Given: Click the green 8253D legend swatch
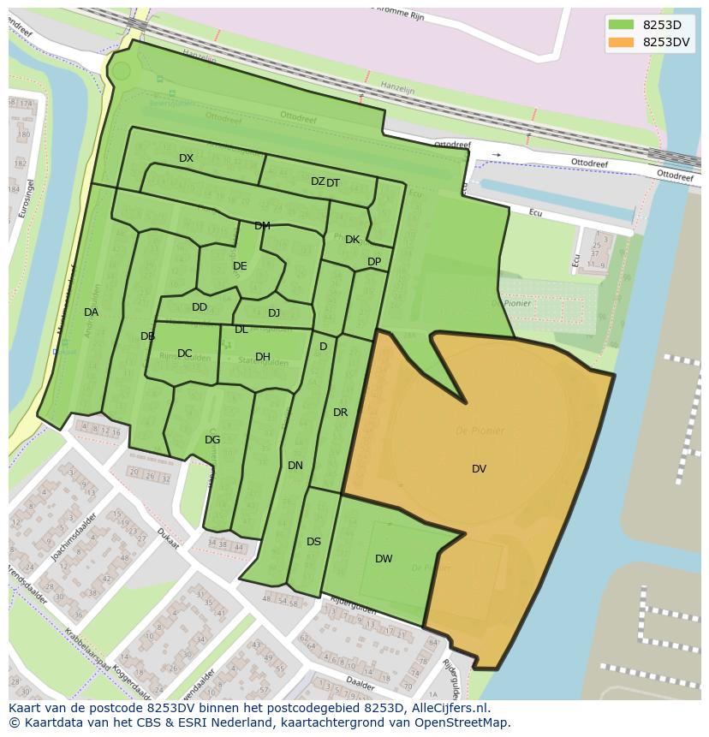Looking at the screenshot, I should (x=621, y=25).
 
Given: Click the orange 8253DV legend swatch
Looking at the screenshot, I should (x=621, y=42).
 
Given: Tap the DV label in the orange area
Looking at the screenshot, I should (x=479, y=469).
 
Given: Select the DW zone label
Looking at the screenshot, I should (x=384, y=559).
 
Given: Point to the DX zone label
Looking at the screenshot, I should (x=186, y=158).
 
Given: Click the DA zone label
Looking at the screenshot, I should (x=91, y=312).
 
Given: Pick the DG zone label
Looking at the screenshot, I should (x=212, y=440).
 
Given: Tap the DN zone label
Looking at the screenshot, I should (x=295, y=466).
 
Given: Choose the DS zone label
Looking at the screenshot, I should (x=313, y=542).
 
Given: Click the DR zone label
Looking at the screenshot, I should (x=340, y=413).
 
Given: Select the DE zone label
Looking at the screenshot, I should (x=240, y=266).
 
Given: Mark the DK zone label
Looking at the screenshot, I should (x=352, y=240).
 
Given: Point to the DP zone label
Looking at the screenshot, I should (x=374, y=262).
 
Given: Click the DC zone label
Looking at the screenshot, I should (x=184, y=354).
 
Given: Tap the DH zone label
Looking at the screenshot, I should (x=262, y=357).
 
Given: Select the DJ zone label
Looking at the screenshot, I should (x=274, y=313).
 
